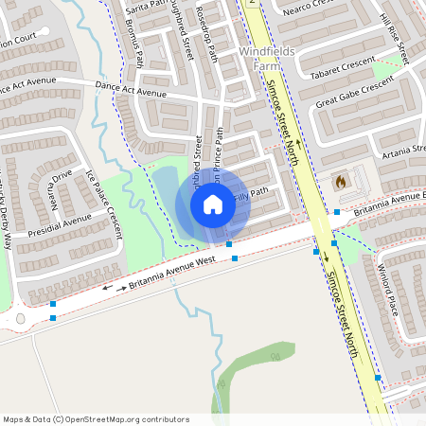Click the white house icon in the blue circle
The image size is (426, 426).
coord(213,204)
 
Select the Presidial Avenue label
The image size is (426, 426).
coord(60,224)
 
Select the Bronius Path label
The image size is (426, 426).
coord(134,44)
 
